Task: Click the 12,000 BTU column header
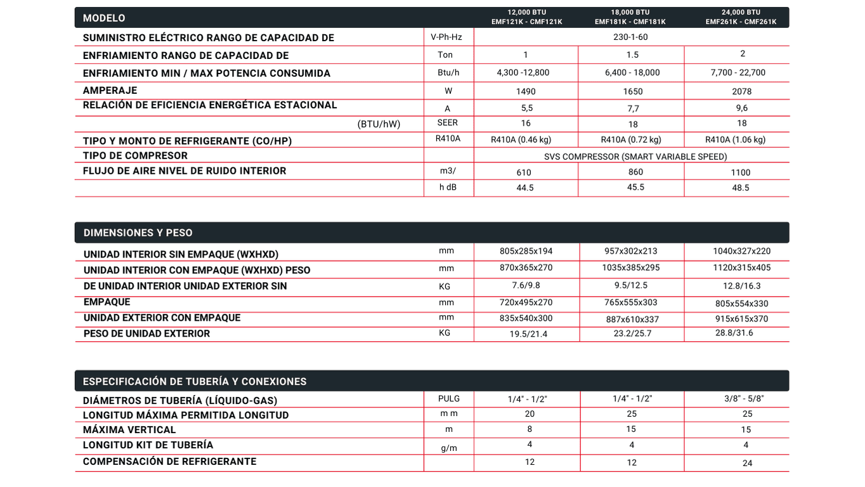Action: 526,13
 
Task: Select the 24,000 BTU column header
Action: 741,13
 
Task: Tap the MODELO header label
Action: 104,18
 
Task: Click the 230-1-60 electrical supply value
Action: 630,37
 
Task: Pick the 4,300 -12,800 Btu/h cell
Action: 523,73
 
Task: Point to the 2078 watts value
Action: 741,92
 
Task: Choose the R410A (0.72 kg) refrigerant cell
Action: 631,140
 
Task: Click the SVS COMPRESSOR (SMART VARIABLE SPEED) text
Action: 635,157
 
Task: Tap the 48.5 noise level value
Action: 740,188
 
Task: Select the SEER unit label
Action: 448,123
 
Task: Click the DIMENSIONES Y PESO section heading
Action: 138,233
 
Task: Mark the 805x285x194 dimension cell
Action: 526,251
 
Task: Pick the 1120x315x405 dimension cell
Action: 741,268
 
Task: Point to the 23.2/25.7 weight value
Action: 632,334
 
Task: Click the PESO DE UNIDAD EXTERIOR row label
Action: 146,334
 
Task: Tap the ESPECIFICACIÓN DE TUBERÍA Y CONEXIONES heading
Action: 195,382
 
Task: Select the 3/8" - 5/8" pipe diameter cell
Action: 744,399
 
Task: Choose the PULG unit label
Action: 449,399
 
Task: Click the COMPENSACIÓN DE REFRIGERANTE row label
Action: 169,462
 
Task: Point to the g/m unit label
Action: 449,448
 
